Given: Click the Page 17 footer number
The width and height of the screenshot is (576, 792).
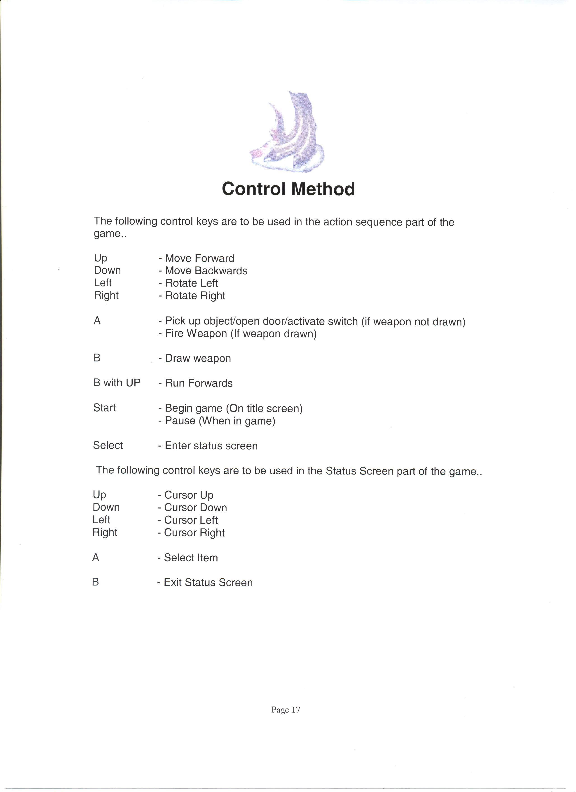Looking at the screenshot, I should (286, 710).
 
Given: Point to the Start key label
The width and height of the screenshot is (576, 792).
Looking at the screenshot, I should (105, 408).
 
